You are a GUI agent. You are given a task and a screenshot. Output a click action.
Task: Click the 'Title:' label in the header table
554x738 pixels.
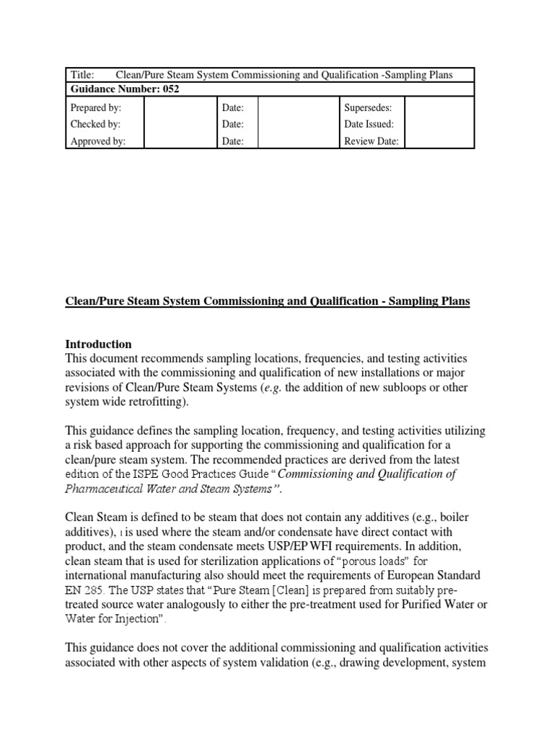[x=83, y=75]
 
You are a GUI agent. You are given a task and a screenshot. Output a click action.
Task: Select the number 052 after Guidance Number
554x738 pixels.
[x=168, y=89]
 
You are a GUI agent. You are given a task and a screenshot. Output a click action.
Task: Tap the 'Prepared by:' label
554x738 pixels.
[x=95, y=107]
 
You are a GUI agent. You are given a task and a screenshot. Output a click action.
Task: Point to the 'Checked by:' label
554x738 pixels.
[x=95, y=124]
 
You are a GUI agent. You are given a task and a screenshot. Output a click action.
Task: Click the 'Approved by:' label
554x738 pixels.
[x=97, y=141]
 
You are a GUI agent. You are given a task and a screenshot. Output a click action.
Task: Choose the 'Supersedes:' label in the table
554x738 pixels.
[x=368, y=107]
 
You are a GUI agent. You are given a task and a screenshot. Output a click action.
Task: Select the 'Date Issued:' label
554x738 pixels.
[x=369, y=124]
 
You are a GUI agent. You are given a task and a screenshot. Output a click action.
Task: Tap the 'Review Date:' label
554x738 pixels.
[x=371, y=141]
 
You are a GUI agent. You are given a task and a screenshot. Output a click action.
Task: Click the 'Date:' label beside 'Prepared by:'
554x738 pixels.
[x=233, y=107]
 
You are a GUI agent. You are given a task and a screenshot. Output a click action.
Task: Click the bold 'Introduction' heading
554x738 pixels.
[x=99, y=344]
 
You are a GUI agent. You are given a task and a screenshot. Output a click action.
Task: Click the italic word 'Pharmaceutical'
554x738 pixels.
[x=102, y=489]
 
